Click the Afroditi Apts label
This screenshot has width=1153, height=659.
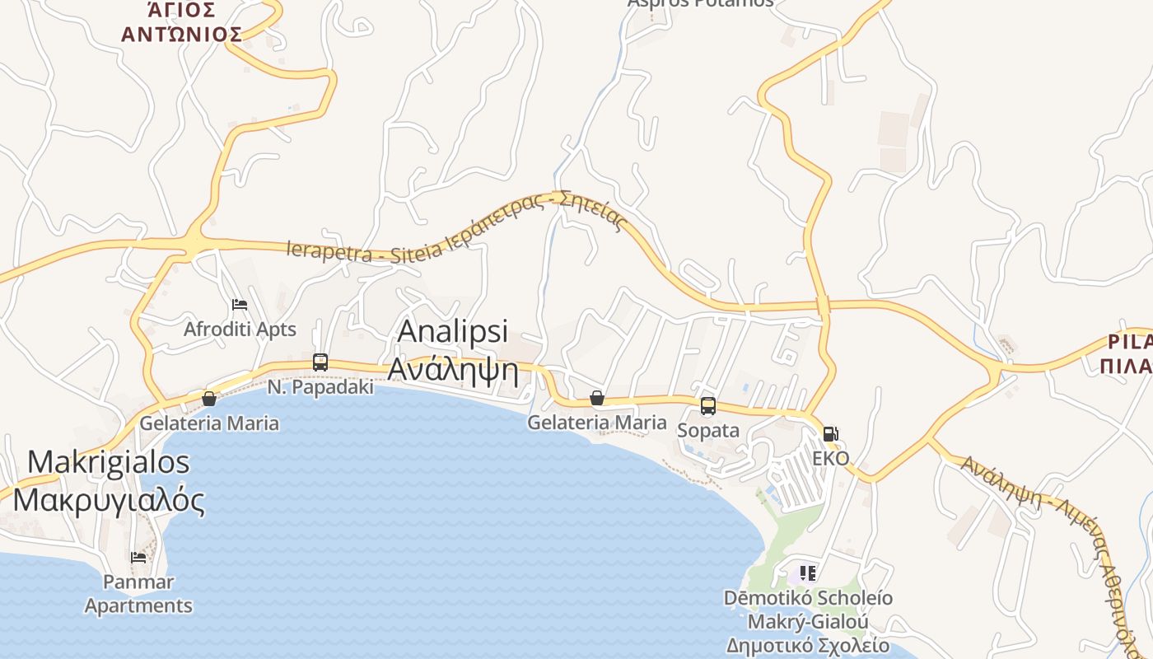[240, 329]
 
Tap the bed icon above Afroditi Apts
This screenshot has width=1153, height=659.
[240, 305]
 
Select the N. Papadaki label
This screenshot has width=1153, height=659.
[321, 386]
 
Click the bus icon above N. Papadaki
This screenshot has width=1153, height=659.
[320, 362]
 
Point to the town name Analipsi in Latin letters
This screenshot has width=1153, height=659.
[452, 331]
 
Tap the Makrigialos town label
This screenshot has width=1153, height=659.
[109, 461]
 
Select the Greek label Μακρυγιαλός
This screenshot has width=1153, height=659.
[109, 499]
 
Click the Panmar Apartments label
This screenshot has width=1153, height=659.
[138, 594]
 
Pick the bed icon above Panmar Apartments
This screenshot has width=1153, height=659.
[138, 557]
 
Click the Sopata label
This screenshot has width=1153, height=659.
[707, 430]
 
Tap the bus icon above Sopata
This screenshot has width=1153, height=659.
[707, 406]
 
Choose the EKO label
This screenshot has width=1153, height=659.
[830, 458]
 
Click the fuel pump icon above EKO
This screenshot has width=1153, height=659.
[831, 434]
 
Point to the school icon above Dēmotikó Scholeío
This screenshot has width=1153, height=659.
[807, 573]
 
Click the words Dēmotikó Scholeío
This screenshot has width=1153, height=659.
[808, 597]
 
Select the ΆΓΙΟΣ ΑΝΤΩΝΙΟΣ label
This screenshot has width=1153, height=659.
[181, 22]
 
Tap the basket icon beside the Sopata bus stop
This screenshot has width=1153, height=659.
[597, 399]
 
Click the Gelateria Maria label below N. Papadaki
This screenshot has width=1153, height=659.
[209, 423]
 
